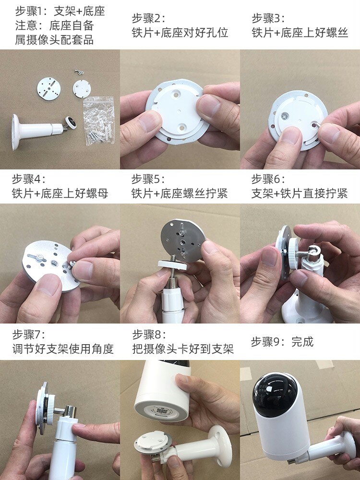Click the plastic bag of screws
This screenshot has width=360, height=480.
click(99, 120)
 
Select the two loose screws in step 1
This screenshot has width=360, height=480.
click(79, 72)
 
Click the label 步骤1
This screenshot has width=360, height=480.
click(30, 12)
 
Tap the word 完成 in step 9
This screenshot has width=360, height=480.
click(302, 342)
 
